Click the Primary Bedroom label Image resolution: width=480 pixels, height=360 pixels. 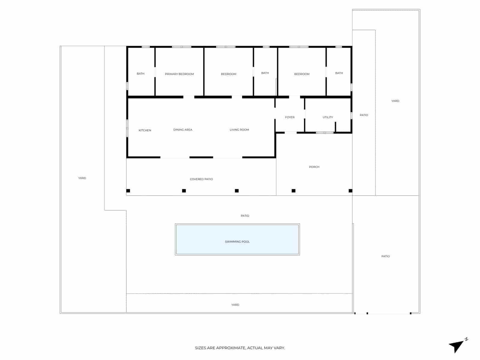[179, 74]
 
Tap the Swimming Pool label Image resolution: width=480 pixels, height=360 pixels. [237, 242]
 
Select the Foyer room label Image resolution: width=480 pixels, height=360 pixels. [290, 117]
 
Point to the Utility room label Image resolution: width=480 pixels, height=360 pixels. [328, 117]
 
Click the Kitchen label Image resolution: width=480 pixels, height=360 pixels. [145, 130]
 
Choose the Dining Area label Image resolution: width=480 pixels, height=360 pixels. [183, 130]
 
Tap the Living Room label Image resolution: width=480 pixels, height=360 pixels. [239, 130]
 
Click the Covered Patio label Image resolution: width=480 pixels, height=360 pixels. [201, 179]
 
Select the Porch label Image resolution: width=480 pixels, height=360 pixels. [314, 167]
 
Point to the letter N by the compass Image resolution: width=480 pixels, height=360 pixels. [466, 339]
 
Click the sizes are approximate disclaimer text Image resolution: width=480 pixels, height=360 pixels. [240, 348]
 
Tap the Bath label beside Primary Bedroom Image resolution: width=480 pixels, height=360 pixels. [140, 74]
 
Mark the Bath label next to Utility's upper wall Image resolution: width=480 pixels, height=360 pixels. [339, 73]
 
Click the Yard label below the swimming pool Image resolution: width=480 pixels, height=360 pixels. [235, 305]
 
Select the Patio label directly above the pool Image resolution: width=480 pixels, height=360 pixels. [245, 216]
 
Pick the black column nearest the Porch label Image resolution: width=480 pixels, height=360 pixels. [294, 191]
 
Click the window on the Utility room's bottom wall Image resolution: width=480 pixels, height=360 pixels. [325, 133]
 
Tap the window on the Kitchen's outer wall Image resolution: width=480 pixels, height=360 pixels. [127, 128]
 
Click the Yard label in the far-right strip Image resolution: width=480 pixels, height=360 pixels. [395, 101]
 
